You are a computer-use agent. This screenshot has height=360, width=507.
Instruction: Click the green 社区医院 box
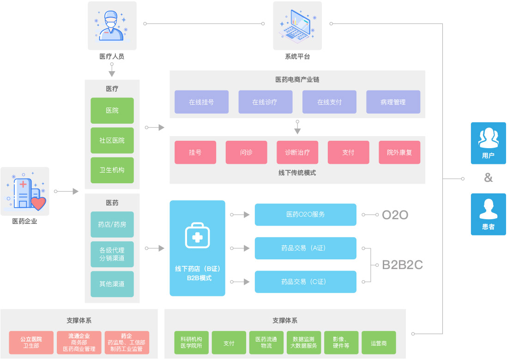pos(112,140)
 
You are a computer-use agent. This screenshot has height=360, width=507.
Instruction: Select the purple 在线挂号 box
pos(201,102)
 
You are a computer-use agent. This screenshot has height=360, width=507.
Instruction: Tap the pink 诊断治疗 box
pos(297,152)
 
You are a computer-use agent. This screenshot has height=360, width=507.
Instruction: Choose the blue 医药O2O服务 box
pos(305,215)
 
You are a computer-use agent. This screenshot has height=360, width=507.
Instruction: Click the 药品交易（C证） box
pos(305,282)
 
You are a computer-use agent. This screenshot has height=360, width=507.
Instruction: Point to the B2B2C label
pos(402,265)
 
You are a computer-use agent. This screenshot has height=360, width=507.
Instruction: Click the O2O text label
pos(395,215)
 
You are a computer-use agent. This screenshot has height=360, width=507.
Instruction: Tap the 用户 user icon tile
pos(488,143)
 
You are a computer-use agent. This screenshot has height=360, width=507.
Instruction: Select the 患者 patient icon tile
pos(488,214)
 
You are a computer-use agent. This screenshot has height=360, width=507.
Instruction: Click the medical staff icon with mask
pos(112,25)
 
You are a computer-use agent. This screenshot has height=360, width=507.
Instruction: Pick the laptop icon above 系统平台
pos(297,25)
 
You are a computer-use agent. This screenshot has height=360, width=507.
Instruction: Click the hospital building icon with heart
pos(25,191)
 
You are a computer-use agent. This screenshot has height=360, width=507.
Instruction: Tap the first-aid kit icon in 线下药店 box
pos(197,236)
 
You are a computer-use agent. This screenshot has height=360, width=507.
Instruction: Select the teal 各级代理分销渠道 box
pos(112,254)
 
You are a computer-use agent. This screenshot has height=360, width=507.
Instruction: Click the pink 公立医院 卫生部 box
pos(30,342)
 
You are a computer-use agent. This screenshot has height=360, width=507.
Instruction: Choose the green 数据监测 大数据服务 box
pos(303,342)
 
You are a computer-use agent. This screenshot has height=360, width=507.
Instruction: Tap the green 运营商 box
pos(379,342)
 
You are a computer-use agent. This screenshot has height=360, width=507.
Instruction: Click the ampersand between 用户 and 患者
pos(488,178)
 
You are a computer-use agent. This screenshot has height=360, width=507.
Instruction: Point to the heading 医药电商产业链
pos(297,79)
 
